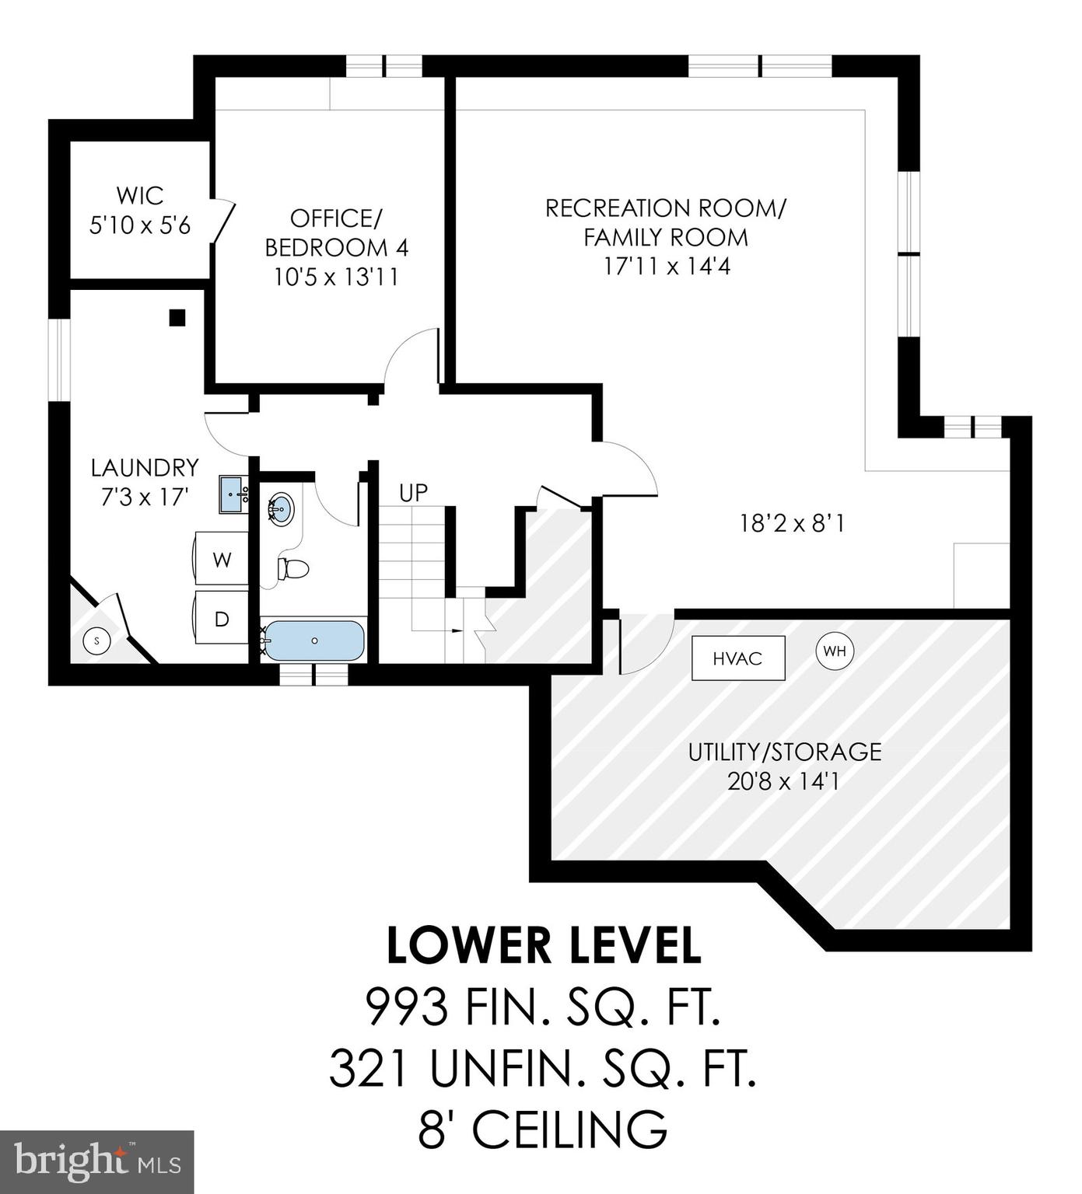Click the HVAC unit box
pos(737,658)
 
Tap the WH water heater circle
pos(835,651)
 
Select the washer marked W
pos(222,559)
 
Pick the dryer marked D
pos(222,619)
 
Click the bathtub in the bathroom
pos(313,641)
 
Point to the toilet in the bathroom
pos(293,569)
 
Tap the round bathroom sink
pos(282,509)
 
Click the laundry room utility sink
pos(233,494)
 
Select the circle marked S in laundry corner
pos(97,641)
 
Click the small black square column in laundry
pos(177,317)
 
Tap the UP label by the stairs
pos(413,493)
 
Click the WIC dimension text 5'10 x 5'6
pos(140,225)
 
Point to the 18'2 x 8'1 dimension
pos(792,523)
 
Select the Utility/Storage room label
pos(784,752)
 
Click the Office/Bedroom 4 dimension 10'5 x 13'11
pos(336,277)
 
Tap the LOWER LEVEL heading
pos(544,945)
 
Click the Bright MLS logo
pos(96,1161)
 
